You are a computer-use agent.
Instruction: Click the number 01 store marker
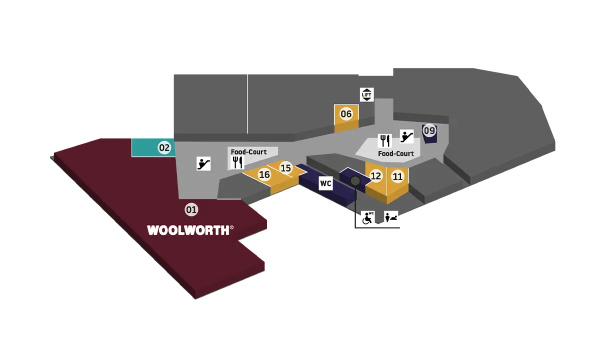coord(191,210)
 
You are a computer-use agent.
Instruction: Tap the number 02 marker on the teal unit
coord(164,147)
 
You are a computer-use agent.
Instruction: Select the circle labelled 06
coord(346,114)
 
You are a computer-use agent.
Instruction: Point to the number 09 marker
coord(429,131)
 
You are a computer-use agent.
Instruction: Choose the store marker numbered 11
coord(397,176)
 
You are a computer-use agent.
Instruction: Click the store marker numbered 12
coord(376,176)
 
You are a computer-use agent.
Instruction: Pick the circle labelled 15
coord(285,168)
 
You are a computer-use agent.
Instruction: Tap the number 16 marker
coord(264,174)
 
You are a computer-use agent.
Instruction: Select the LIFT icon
coord(367,94)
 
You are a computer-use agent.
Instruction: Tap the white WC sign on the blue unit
coord(325,184)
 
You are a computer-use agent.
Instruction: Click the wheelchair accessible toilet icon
coord(368,218)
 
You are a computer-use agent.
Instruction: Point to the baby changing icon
coord(391,218)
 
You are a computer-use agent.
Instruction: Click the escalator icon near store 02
coord(203,163)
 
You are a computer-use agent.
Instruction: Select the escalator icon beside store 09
coord(406,135)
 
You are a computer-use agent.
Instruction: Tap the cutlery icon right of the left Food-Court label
coord(237,161)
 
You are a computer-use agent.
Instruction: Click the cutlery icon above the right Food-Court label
coord(384,140)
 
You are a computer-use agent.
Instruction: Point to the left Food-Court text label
coord(248,151)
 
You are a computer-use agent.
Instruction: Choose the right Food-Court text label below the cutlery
coord(396,153)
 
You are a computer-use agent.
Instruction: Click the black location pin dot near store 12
coord(355,180)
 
